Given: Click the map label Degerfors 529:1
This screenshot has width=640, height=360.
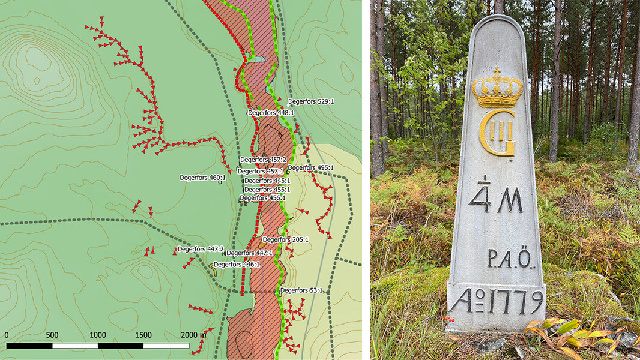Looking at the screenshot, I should tap(311, 101).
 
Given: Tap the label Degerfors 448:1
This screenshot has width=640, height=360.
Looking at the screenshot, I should tap(271, 112).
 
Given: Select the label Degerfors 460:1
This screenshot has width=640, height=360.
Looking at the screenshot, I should tap(202, 178).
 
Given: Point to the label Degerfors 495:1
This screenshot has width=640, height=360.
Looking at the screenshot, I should tap(311, 168).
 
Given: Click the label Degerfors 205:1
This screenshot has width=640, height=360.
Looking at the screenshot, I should tap(285, 239).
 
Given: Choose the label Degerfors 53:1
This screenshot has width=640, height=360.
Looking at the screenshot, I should tap(301, 290).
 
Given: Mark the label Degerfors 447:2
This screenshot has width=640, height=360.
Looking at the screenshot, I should tap(201, 249).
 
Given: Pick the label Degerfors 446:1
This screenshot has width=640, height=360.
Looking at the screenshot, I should tap(237, 264).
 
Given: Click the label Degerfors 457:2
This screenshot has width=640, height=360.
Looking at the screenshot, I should tap(262, 160).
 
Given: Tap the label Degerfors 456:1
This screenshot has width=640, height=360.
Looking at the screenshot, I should tap(262, 198).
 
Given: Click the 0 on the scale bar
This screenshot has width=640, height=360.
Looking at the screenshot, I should tap(7, 335).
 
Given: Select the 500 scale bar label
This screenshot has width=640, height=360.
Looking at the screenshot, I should tap(52, 335).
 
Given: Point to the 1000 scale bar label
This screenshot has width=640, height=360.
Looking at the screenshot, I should tap(97, 335).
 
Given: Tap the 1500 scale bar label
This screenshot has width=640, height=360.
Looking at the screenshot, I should tap(143, 335).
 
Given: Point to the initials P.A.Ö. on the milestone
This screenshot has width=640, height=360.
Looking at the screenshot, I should tap(510, 259).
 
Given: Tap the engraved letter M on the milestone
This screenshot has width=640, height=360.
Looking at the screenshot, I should tap(510, 200).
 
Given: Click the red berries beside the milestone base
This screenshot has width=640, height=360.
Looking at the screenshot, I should tap(447, 320).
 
